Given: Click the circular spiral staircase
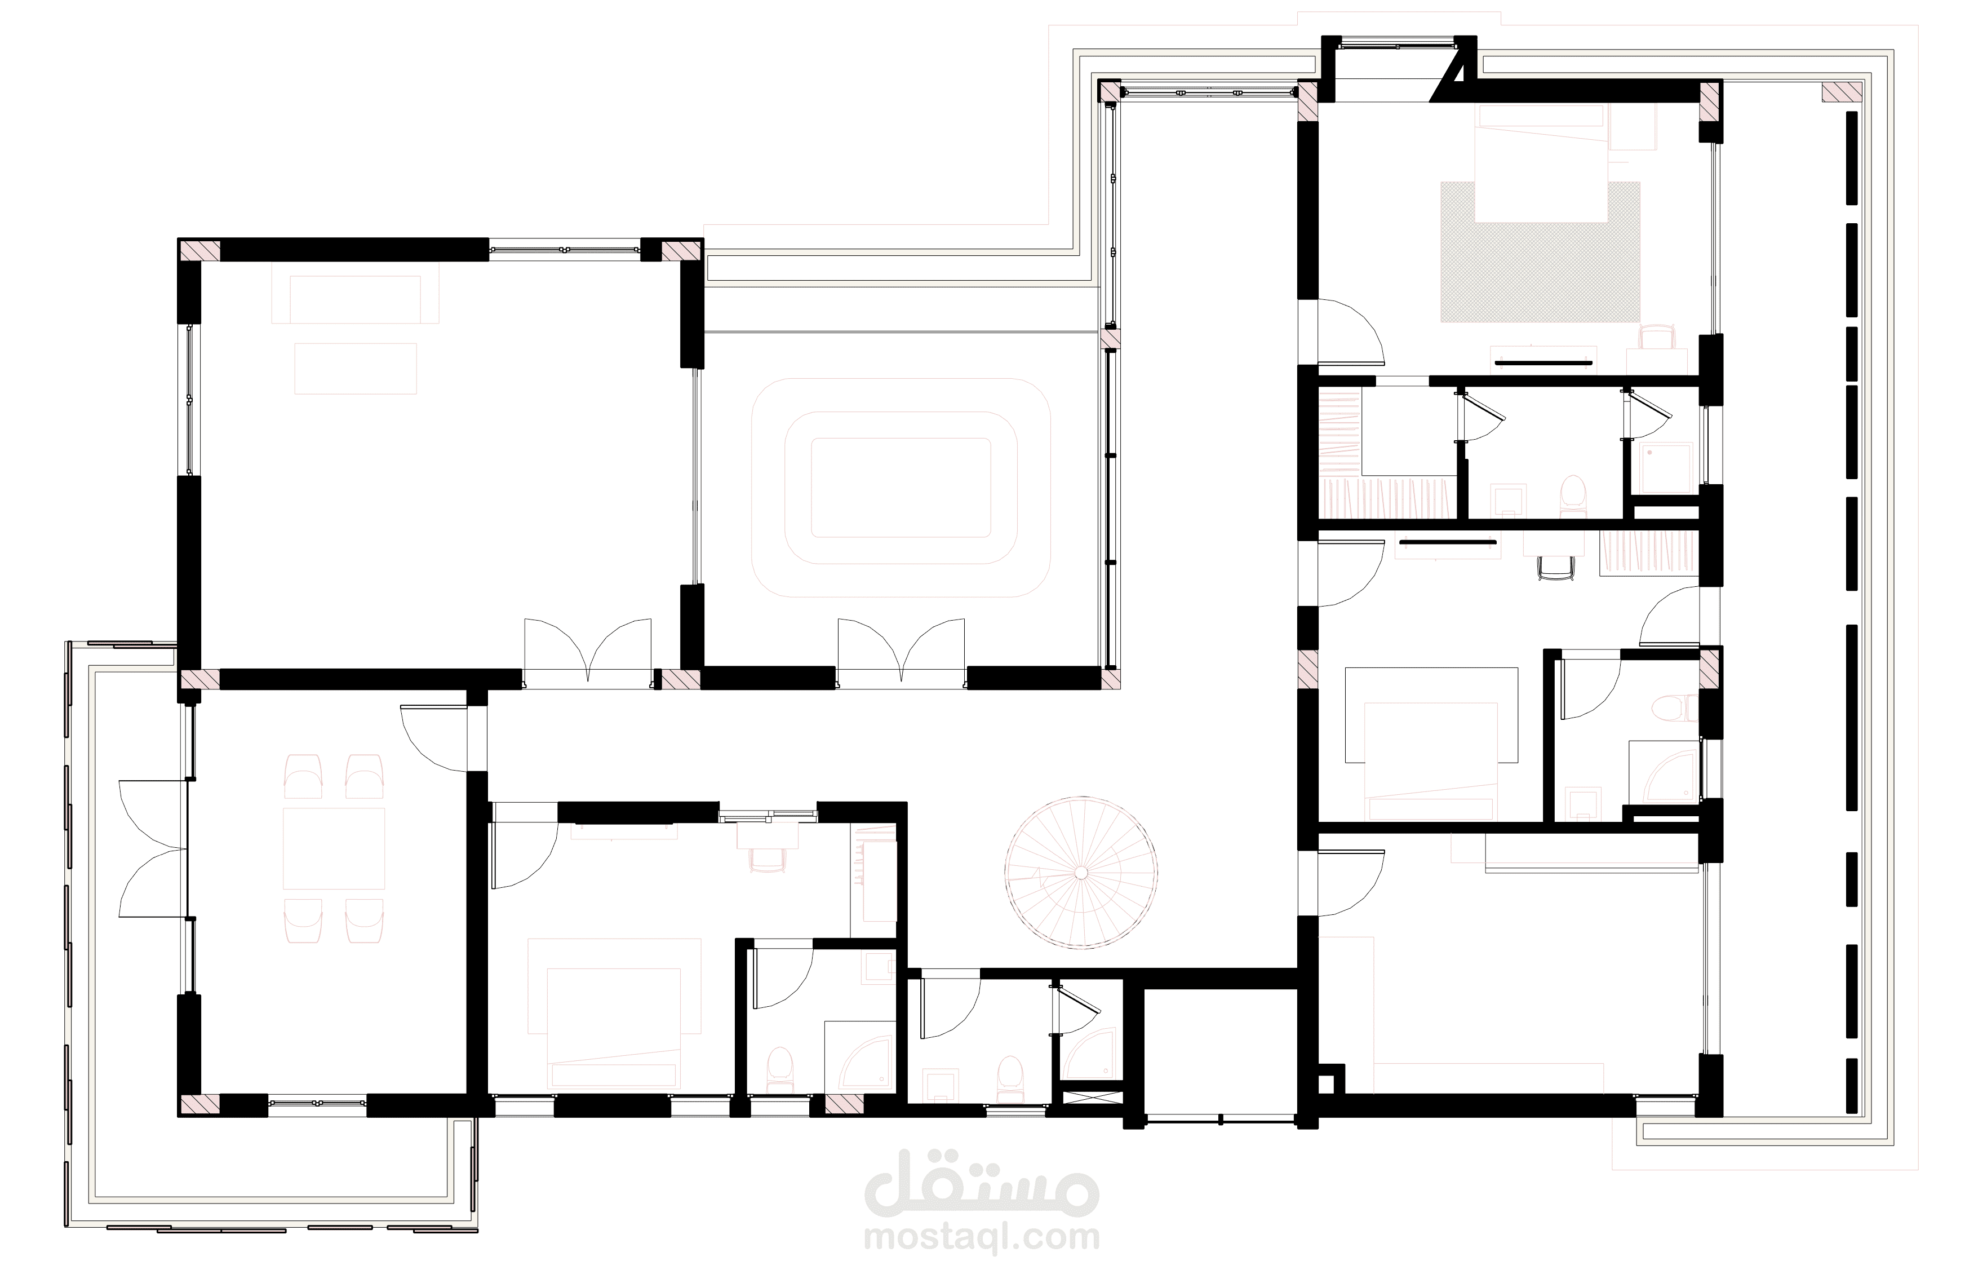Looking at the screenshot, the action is (x=1081, y=873).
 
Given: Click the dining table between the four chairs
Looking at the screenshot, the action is (x=334, y=848).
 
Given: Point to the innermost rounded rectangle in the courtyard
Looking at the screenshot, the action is (x=901, y=488).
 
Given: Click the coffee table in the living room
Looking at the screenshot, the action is (x=356, y=369).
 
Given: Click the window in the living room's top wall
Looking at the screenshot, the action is (x=566, y=250).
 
